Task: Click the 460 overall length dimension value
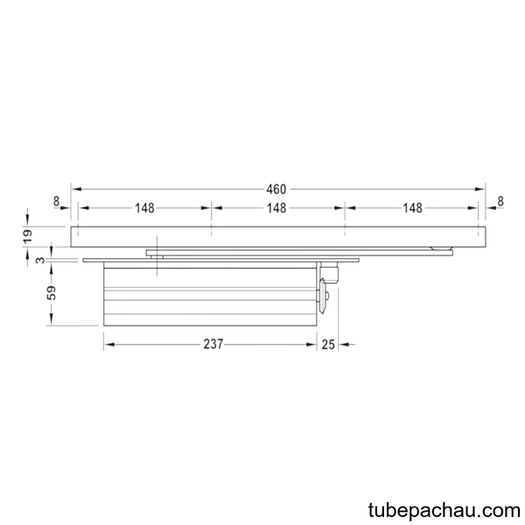coord(276,190)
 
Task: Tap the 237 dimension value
coord(213,344)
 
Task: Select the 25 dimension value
coord(328,345)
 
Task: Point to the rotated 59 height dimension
coord(52,292)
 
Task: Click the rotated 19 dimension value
coord(28,236)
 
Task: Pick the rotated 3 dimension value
coord(40,260)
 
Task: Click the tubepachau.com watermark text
coord(444,511)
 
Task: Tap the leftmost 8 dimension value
coord(56,201)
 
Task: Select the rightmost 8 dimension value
coord(500,201)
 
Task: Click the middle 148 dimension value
coord(276,208)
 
